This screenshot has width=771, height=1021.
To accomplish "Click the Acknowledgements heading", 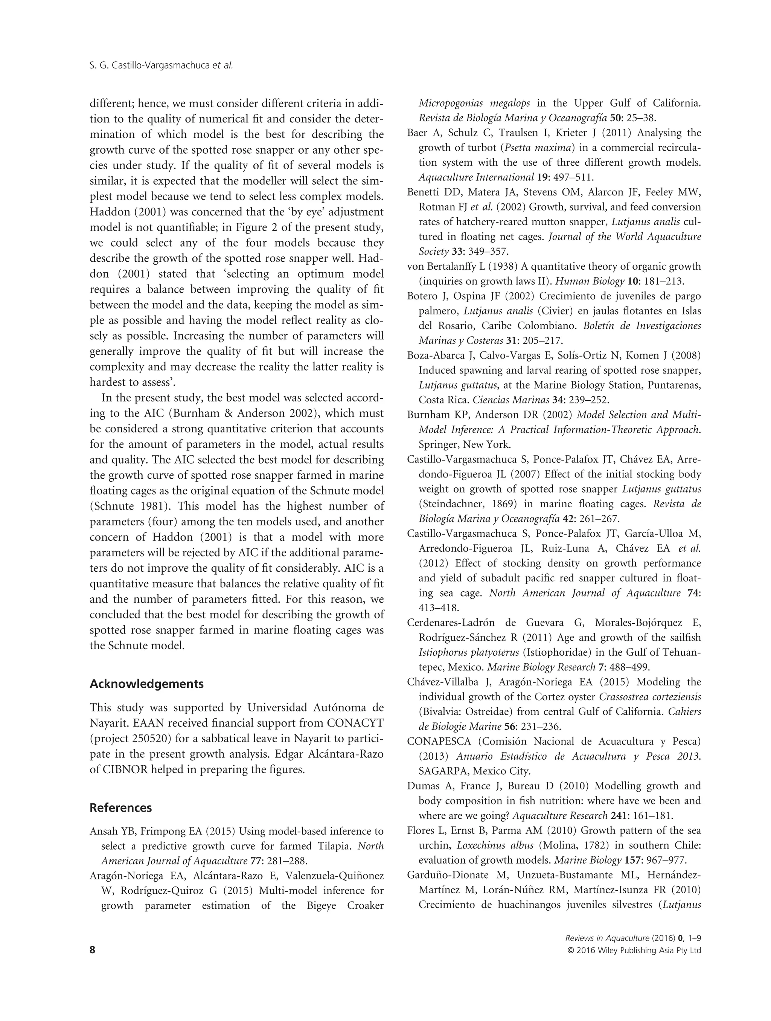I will (x=146, y=684).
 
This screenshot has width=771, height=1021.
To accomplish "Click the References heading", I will (x=120, y=808).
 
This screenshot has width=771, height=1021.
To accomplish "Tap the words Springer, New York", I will (x=464, y=445).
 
